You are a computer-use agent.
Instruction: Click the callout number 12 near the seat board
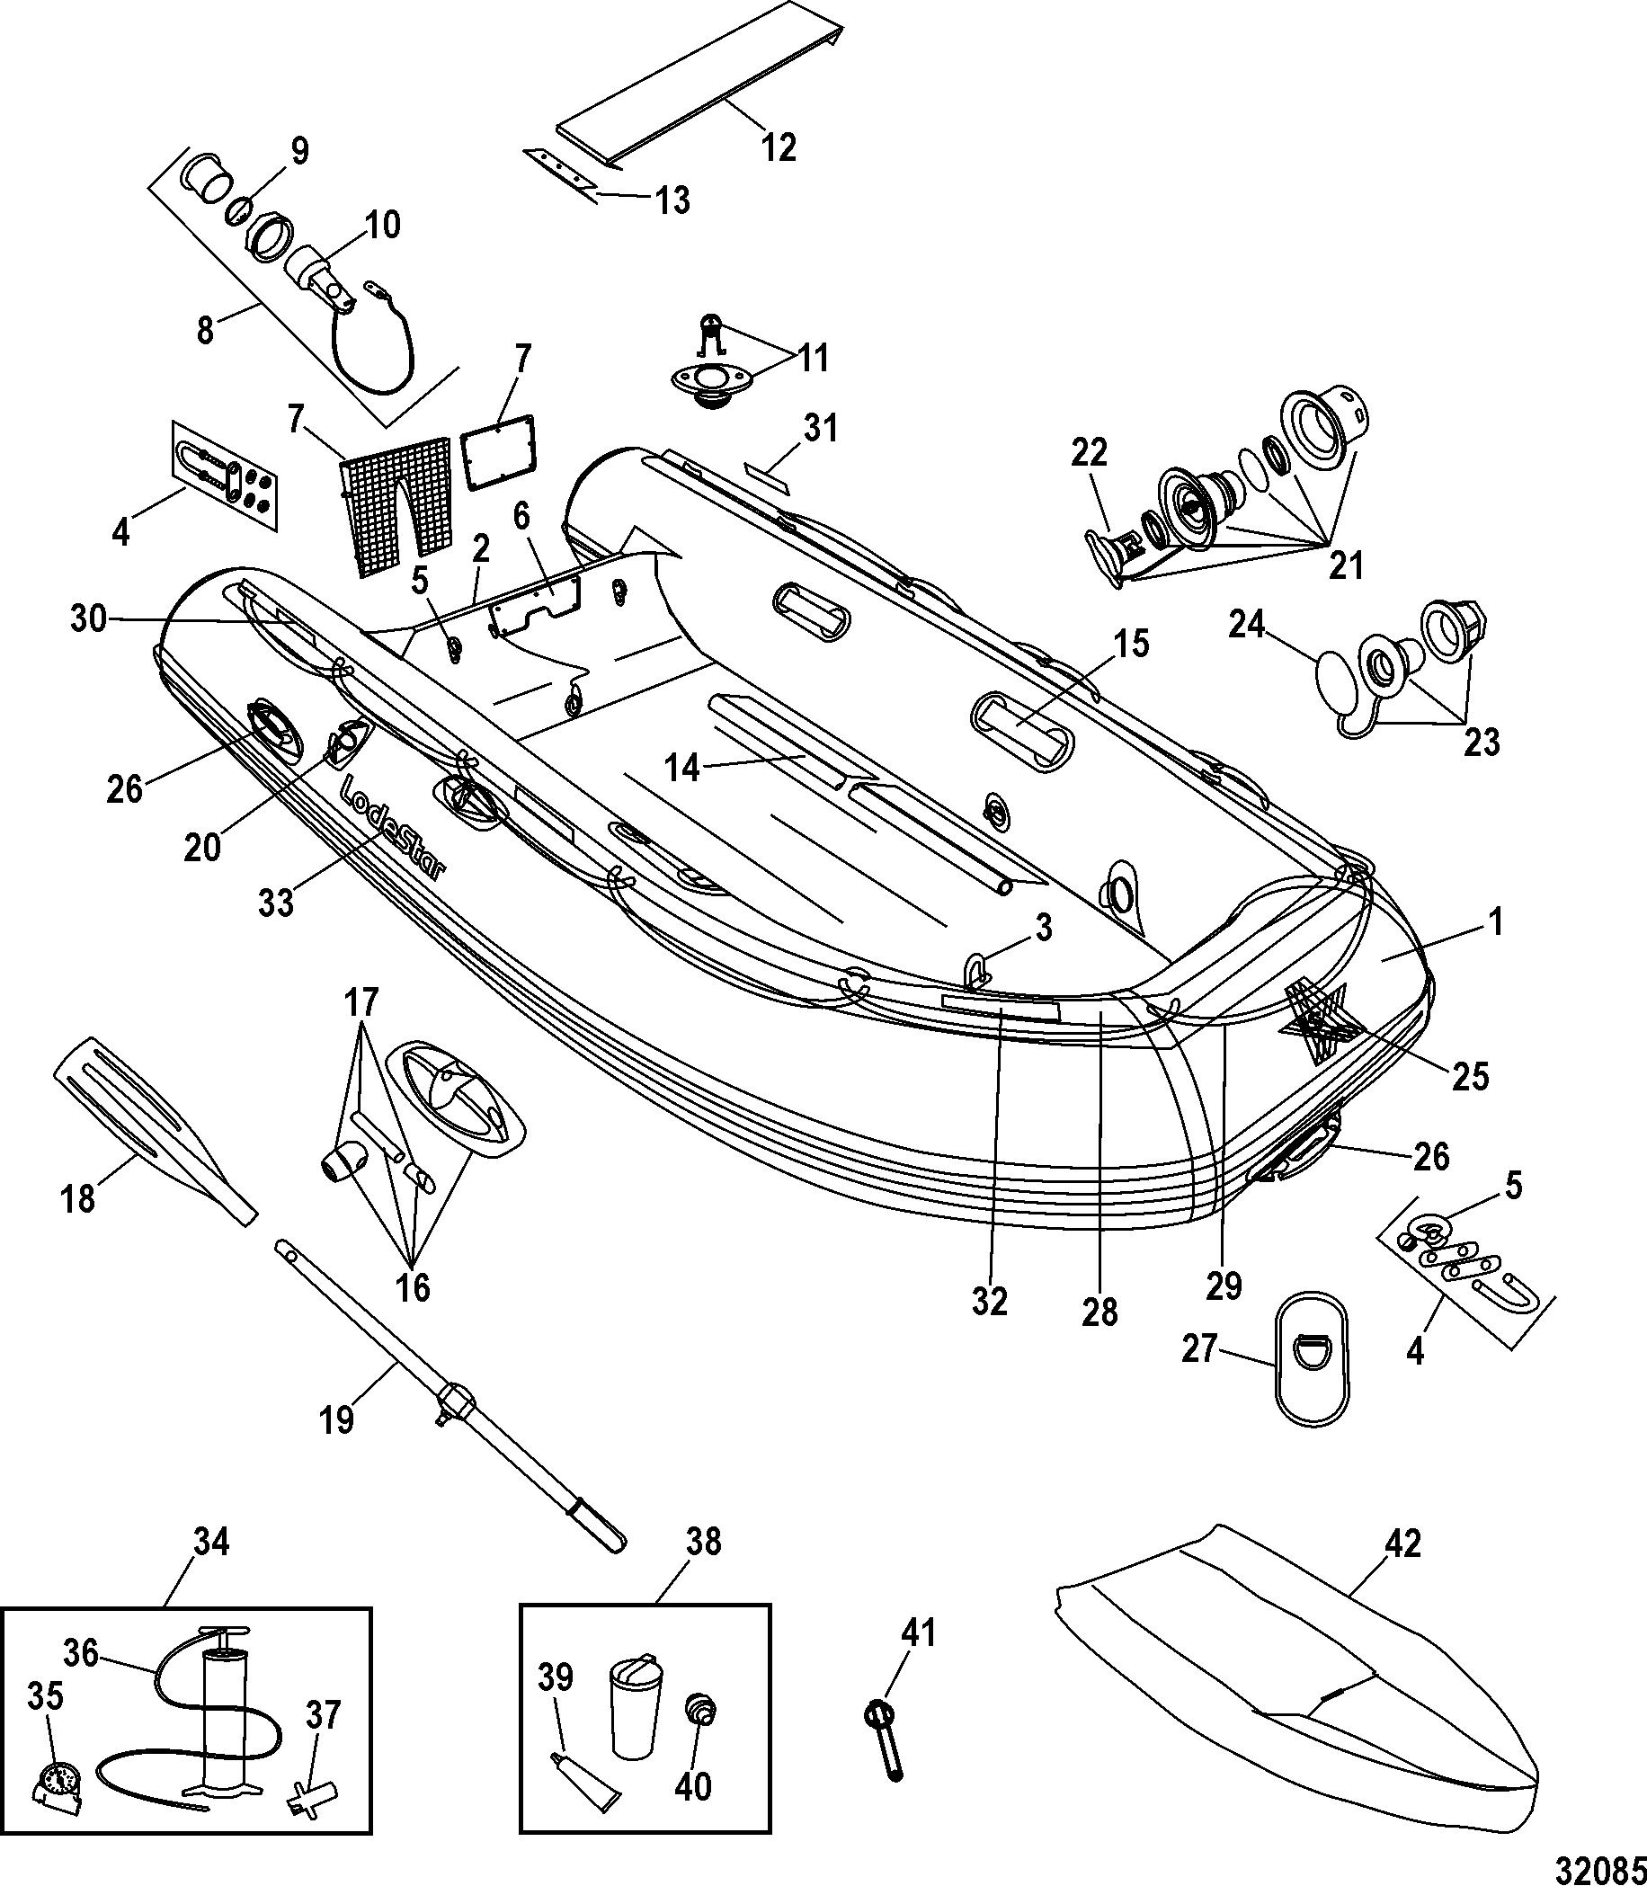tap(779, 147)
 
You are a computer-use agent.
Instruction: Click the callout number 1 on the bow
tap(1495, 921)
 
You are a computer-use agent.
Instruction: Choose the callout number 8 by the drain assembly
tap(204, 329)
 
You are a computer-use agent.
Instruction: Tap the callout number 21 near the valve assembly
tap(1347, 565)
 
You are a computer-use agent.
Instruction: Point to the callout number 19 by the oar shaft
tap(336, 1419)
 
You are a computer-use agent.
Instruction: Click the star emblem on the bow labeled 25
tap(1316, 1020)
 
